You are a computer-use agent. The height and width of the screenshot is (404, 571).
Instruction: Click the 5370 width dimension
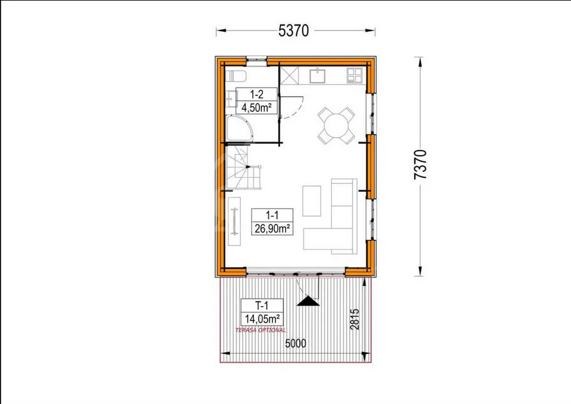[x=293, y=30]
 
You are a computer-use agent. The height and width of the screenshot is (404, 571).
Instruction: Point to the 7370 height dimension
[x=421, y=164]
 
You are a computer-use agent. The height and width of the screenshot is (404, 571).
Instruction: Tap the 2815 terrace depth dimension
[x=354, y=319]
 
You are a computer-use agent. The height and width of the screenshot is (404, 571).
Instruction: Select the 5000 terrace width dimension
[x=296, y=343]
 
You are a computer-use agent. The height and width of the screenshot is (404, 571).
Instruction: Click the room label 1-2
[x=256, y=95]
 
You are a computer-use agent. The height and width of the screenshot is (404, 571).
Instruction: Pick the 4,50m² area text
[x=256, y=108]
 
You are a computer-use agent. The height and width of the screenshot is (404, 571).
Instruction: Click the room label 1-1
[x=272, y=215]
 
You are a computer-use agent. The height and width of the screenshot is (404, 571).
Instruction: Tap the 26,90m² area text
[x=272, y=228]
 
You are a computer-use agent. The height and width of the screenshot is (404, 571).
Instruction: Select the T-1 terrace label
[x=262, y=306]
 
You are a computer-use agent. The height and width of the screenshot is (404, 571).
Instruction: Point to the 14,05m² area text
[x=262, y=319]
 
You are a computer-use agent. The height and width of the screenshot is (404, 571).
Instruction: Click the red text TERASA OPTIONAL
[x=261, y=330]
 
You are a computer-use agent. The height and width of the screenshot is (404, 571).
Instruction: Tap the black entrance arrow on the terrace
[x=308, y=301]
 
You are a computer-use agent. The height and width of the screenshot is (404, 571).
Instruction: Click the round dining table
[x=336, y=126]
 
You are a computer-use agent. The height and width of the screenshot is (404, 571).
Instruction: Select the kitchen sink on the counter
[x=318, y=76]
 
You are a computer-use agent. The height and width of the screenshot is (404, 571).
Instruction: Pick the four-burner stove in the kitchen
[x=354, y=76]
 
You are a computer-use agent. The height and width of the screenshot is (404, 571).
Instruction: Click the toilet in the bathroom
[x=236, y=76]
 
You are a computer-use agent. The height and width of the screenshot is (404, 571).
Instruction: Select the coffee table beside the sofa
[x=312, y=201]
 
